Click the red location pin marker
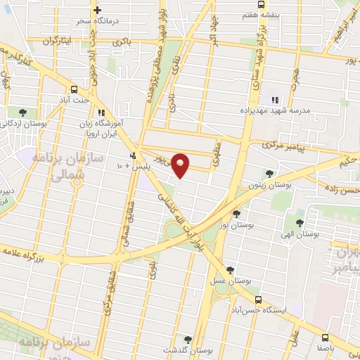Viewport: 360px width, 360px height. tap(181, 165)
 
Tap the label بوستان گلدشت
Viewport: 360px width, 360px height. tap(187, 349)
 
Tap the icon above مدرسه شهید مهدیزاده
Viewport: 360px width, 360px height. tap(276, 100)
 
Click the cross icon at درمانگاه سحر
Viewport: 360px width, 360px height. tap(97, 11)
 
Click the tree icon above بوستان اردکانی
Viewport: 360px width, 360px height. tap(23, 111)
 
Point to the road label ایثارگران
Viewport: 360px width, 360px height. tap(50, 42)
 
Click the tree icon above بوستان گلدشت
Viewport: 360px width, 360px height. tap(186, 339)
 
